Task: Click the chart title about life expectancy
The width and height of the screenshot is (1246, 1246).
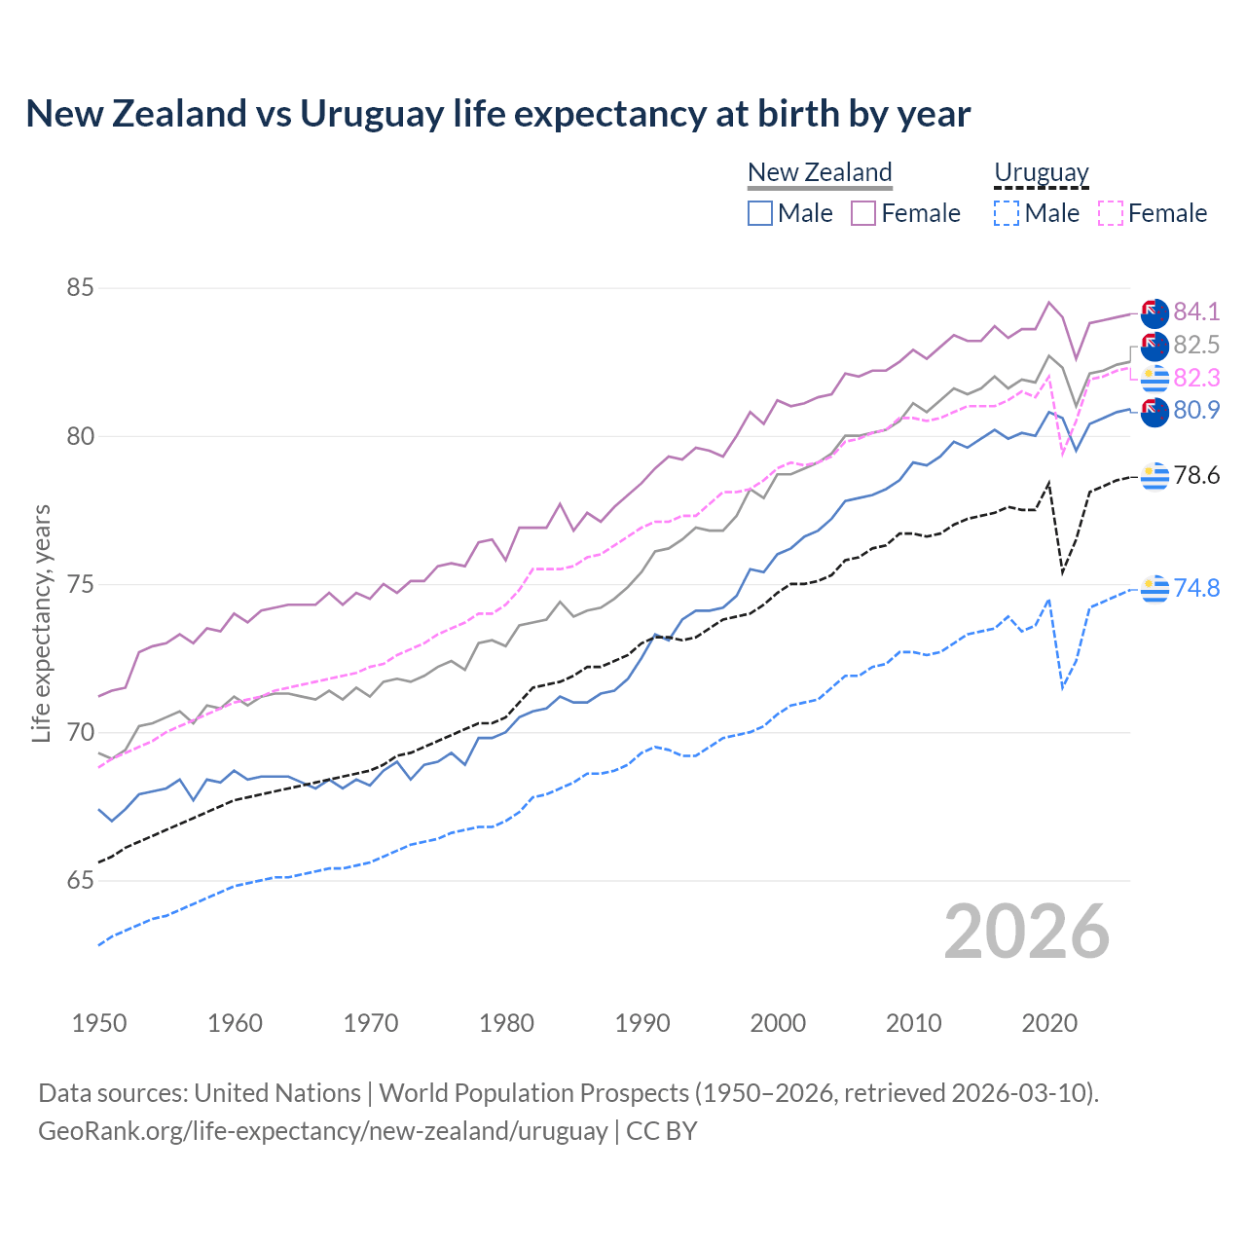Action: point(497,114)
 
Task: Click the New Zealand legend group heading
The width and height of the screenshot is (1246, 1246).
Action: point(820,172)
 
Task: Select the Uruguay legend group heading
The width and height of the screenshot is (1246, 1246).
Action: point(1041,172)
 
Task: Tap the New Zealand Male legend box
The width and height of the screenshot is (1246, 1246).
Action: point(760,213)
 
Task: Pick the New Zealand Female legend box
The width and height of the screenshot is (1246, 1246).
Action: point(863,213)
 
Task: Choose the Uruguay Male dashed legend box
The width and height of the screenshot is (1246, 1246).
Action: point(1007,213)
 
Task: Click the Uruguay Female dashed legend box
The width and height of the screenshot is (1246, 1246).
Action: point(1111,213)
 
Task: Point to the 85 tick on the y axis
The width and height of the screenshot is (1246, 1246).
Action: point(81,288)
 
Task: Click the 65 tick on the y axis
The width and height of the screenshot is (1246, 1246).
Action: point(81,881)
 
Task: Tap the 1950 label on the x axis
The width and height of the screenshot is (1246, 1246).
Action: point(99,1023)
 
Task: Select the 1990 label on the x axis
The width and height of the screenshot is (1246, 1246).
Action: point(642,1023)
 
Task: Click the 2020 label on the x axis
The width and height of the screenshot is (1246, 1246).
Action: point(1049,1023)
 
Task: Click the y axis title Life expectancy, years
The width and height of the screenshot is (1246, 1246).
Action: point(42,623)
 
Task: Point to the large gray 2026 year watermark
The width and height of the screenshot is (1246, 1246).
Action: point(1026,932)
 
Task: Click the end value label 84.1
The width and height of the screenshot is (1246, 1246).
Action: point(1196,311)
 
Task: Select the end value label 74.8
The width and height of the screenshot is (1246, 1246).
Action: point(1196,588)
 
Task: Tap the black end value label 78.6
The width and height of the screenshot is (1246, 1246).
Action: point(1196,475)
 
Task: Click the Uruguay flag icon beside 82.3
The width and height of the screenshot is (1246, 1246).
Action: point(1154,378)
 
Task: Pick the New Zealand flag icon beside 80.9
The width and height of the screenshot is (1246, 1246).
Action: point(1154,412)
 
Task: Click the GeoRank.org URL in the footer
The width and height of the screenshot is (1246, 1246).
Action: point(322,1131)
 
